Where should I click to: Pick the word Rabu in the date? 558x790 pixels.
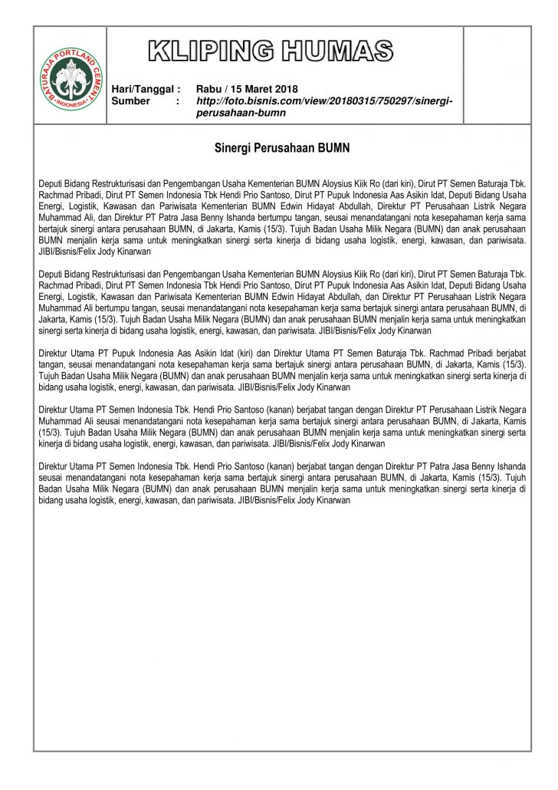(208, 89)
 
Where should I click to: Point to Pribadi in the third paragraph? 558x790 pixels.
(475, 354)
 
